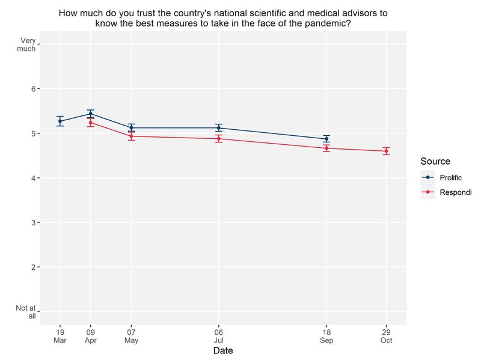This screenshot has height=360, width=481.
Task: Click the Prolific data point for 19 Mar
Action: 60,121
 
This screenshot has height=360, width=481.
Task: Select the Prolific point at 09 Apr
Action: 91,114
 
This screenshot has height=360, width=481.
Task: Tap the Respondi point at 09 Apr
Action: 91,123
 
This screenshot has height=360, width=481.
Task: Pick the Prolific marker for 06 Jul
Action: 219,127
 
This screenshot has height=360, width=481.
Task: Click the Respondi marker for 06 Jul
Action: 219,139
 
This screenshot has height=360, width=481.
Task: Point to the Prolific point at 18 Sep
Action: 326,139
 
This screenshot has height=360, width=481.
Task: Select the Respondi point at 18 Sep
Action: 326,148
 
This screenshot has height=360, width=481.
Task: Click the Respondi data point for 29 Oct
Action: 386,151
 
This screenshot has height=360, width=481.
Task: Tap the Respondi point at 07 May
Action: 131,136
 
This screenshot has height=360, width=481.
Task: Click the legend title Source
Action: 435,161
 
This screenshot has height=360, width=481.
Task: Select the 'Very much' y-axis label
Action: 28,44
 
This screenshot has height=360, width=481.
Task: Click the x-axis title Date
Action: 222,350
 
